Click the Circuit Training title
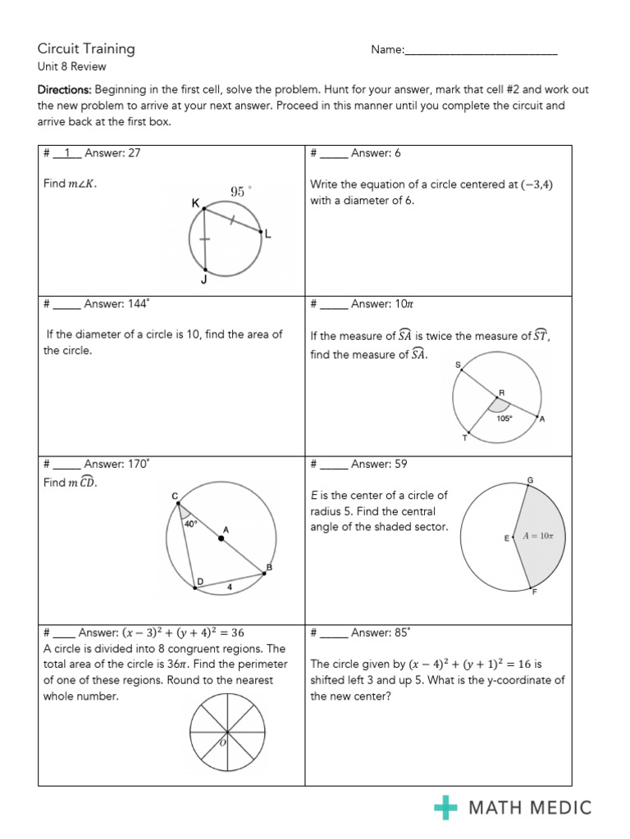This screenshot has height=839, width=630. [x=86, y=48]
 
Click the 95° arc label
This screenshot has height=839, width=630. [x=240, y=191]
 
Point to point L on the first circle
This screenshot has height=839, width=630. [x=263, y=234]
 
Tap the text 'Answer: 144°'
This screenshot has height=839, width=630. [x=116, y=304]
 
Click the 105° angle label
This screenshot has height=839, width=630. [x=504, y=417]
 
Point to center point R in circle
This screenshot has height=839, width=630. [x=495, y=397]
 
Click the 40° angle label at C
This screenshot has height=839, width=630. [x=190, y=522]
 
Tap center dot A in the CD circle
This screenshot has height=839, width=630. [x=220, y=537]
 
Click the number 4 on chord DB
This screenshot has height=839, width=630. [x=231, y=587]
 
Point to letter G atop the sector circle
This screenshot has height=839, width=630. [x=530, y=479]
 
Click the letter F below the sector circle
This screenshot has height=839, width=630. [x=534, y=592]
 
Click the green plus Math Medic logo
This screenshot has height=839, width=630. [x=445, y=808]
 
